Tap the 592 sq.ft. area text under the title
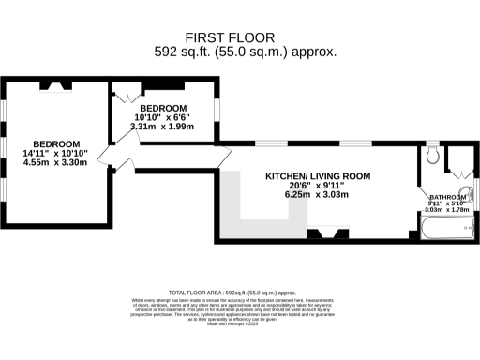coord(245,52)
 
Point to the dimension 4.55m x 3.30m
coord(54,162)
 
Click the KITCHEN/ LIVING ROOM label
coord(317,175)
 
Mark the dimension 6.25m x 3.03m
coord(317,195)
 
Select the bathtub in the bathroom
coord(444,227)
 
